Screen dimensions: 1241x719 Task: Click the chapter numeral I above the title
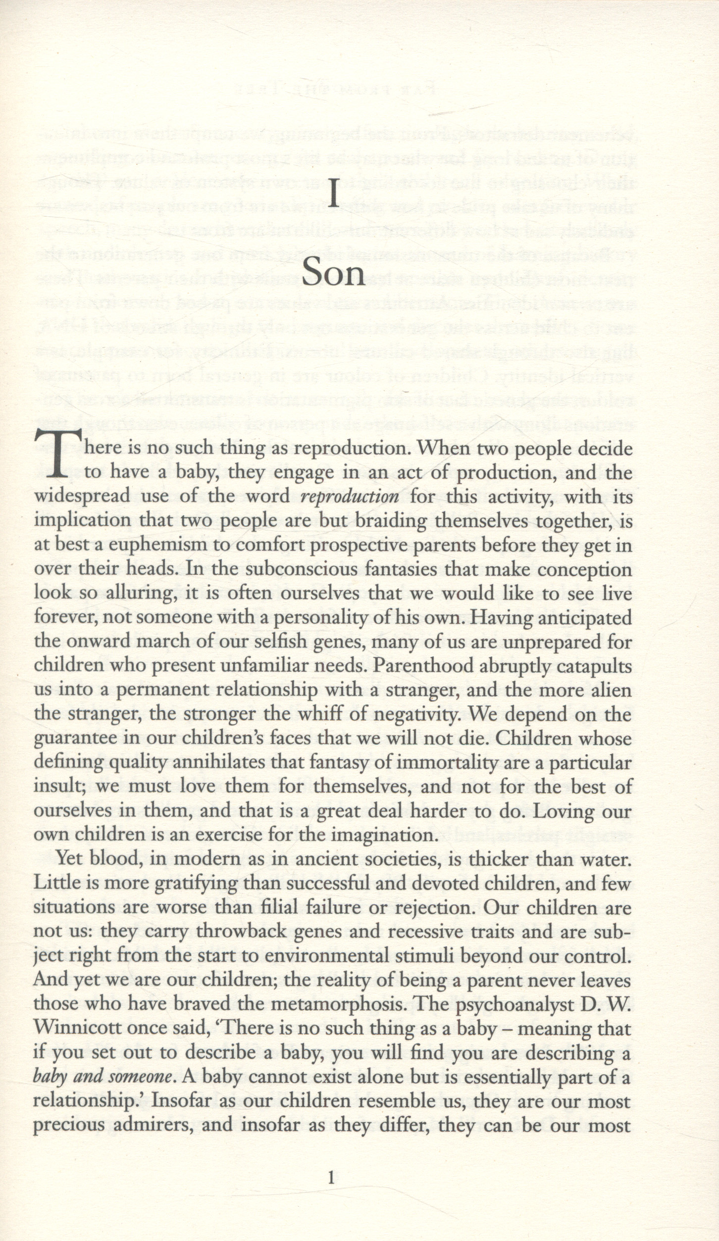click(x=334, y=195)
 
